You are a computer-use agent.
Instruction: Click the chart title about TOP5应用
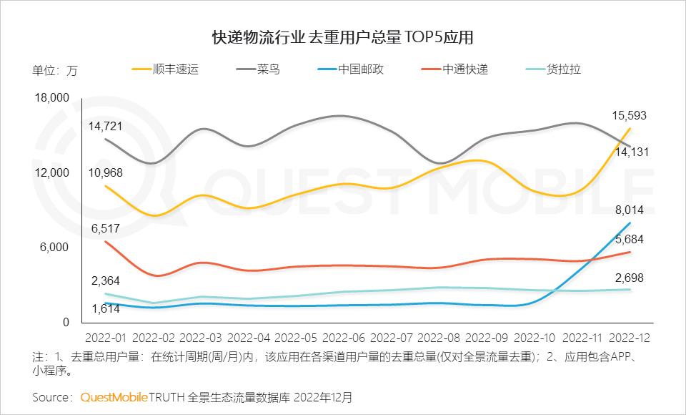pyautogui.click(x=343, y=37)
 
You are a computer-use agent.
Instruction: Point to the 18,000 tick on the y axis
pyautogui.click(x=51, y=98)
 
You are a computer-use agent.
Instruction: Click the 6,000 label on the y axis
pyautogui.click(x=55, y=248)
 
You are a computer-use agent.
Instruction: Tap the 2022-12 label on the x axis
pyautogui.click(x=630, y=336)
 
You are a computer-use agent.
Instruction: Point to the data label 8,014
pyautogui.click(x=630, y=210)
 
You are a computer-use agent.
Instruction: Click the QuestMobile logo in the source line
pyautogui.click(x=114, y=396)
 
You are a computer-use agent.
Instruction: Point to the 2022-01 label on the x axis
pyautogui.click(x=106, y=336)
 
